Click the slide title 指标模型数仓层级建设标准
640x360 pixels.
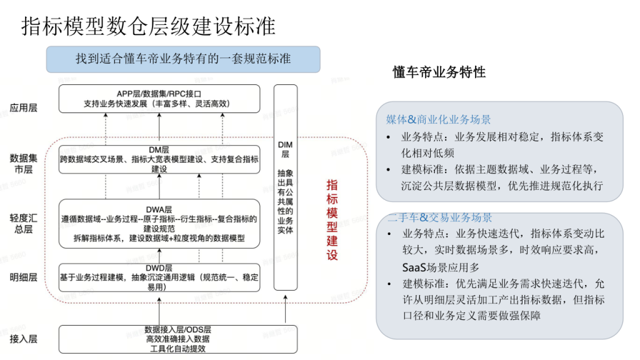click(149, 26)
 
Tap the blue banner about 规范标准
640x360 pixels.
click(183, 59)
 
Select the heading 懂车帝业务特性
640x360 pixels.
click(439, 72)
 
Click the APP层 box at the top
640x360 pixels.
click(159, 99)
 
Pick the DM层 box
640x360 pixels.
click(159, 159)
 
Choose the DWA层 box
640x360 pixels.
click(159, 224)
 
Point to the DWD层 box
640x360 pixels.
click(159, 277)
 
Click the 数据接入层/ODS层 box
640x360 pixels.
click(178, 339)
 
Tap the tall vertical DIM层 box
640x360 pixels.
click(285, 187)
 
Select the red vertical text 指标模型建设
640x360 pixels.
click(332, 220)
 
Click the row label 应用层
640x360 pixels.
click(23, 107)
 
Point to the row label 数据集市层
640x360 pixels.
click(23, 163)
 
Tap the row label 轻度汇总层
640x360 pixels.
click(23, 223)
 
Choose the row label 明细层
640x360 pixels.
click(23, 277)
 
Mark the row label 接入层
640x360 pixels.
click(23, 339)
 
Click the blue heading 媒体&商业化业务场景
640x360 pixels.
click(438, 119)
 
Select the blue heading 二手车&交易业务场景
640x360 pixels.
click(439, 217)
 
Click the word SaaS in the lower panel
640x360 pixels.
click(414, 267)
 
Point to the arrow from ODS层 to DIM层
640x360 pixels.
click(285, 309)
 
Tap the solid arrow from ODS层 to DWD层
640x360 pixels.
click(159, 311)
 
